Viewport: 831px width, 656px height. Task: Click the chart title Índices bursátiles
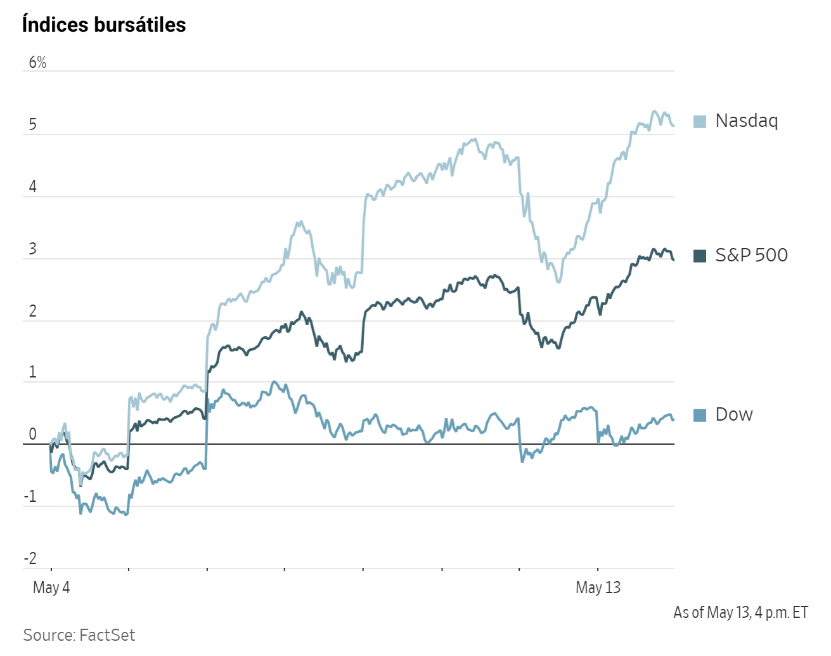(104, 24)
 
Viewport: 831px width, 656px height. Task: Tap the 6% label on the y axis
(37, 62)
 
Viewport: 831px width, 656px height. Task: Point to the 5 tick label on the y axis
(33, 124)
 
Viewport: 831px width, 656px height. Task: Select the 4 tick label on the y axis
(33, 187)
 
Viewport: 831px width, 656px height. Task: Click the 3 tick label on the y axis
(33, 249)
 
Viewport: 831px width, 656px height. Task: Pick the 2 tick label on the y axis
(33, 311)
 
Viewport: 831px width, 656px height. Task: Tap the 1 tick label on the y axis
(33, 372)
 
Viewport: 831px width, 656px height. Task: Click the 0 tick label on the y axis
(33, 434)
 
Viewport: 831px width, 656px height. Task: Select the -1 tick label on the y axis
(30, 496)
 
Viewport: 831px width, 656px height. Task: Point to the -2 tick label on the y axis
(30, 558)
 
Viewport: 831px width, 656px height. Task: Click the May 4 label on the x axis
(51, 588)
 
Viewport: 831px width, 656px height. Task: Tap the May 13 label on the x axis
(598, 588)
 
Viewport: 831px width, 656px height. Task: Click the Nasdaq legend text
(747, 121)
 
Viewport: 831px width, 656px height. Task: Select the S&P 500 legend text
(751, 255)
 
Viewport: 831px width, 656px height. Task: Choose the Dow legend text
(733, 415)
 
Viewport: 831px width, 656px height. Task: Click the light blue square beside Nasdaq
(700, 121)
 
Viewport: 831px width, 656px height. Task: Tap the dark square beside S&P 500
(700, 256)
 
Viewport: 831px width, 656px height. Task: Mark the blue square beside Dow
(700, 415)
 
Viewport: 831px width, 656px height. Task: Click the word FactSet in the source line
(107, 635)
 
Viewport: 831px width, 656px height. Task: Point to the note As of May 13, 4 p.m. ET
(740, 613)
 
